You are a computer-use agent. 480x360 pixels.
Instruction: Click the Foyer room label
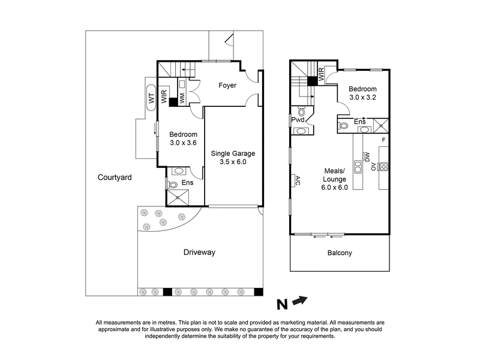[227, 86]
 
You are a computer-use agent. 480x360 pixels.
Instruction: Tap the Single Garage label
[229, 154]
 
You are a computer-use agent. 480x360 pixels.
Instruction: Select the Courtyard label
[116, 178]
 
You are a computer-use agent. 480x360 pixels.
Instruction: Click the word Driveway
[199, 252]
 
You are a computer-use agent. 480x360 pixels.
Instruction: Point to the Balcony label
[340, 253]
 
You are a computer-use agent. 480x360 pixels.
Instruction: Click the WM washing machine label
[182, 97]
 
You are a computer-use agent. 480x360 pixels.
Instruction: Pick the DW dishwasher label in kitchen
[367, 157]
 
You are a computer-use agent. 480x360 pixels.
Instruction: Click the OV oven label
[373, 166]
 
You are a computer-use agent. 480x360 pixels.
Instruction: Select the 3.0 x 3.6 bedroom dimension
[183, 143]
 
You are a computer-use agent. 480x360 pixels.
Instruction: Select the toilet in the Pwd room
[301, 112]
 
